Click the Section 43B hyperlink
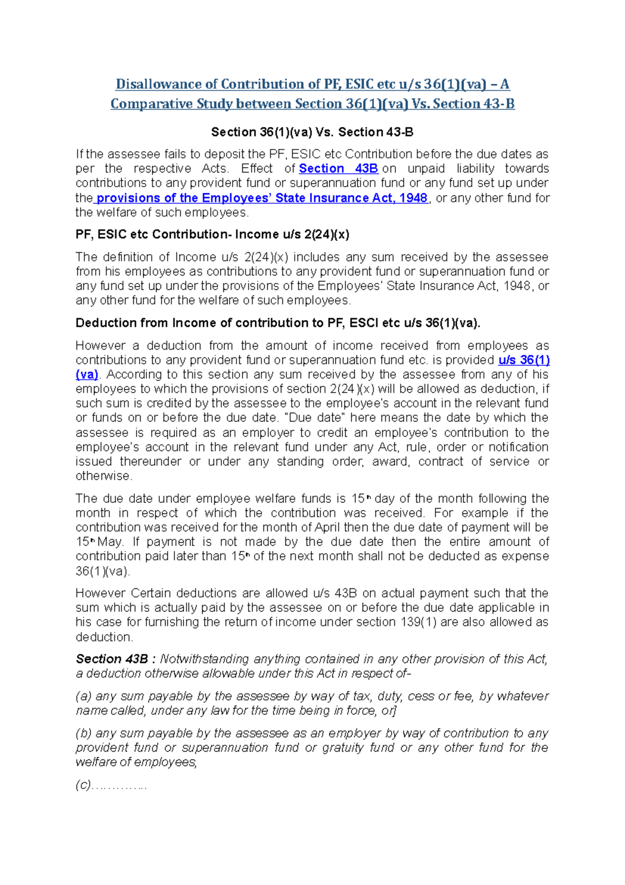click(338, 168)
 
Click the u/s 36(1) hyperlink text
click(524, 360)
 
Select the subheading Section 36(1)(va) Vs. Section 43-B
click(312, 132)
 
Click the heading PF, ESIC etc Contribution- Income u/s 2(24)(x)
click(212, 235)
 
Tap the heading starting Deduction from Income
click(278, 323)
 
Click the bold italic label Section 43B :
click(116, 659)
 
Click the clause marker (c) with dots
click(111, 785)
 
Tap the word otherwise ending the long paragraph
click(103, 476)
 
